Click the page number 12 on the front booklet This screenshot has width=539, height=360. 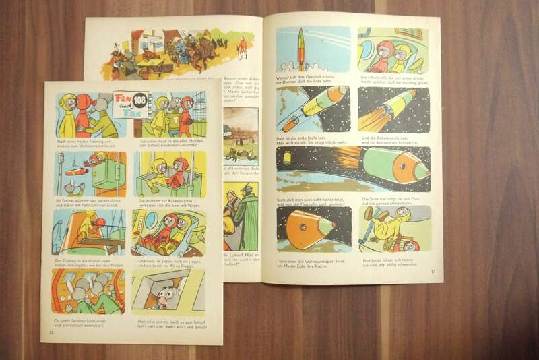click(51, 330)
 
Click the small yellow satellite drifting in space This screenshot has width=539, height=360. click(288, 159)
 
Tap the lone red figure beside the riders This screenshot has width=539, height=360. click(243, 47)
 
